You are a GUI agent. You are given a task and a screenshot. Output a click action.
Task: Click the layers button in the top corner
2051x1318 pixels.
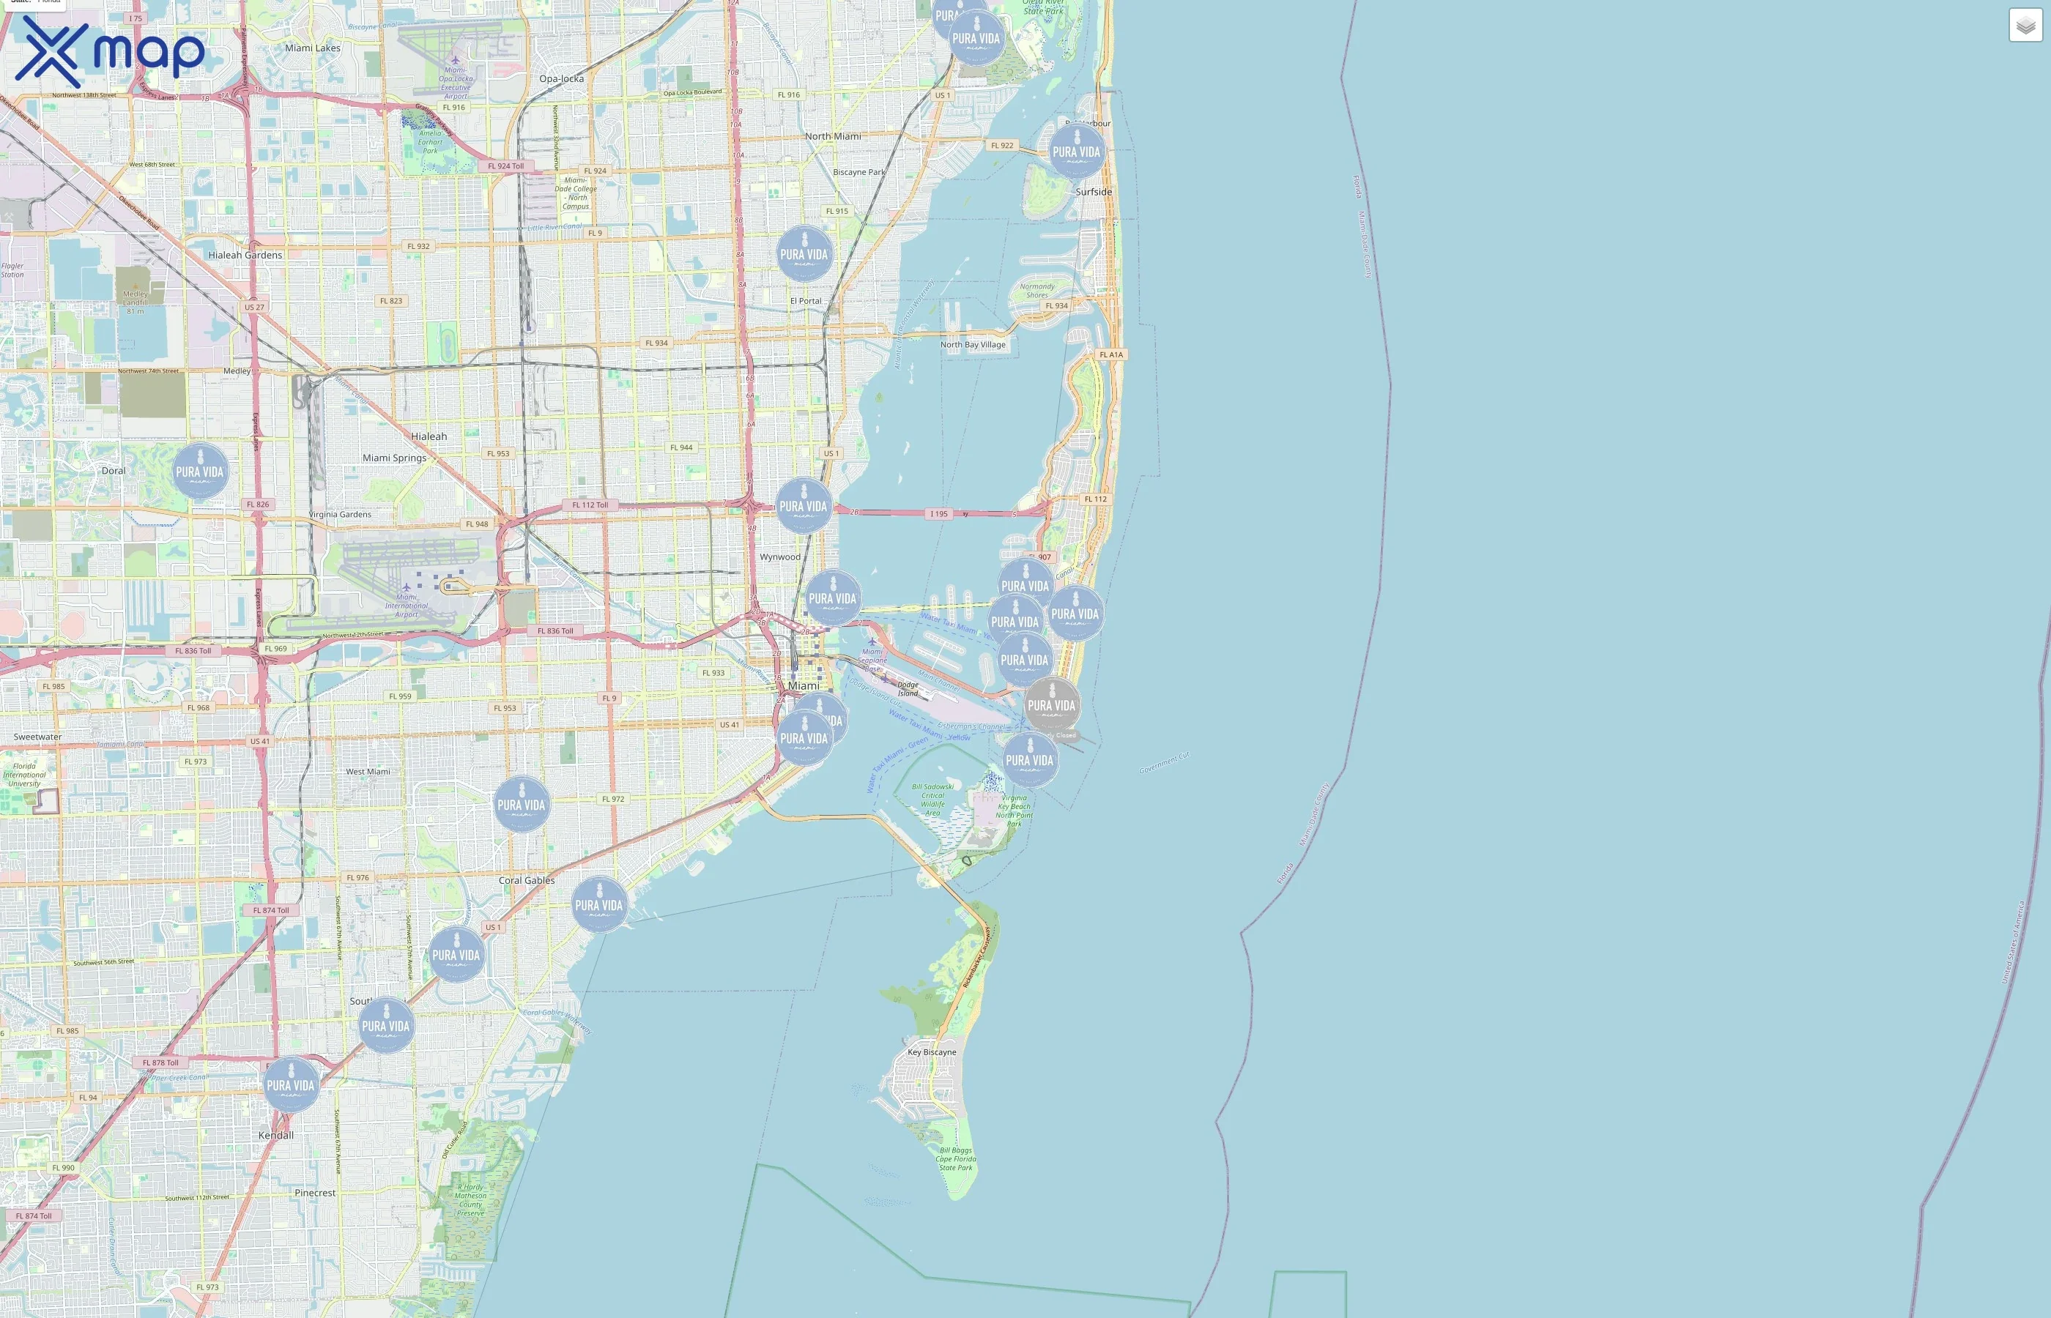2025,26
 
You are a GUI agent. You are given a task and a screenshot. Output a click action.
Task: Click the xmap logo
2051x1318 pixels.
110,51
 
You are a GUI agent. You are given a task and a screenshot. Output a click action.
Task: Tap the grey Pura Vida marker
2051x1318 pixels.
1052,705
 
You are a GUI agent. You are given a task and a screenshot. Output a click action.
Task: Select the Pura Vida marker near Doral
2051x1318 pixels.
200,471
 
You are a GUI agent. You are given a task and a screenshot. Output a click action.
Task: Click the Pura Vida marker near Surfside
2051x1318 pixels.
1077,152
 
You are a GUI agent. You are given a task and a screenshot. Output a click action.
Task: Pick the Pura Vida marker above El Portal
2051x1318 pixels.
804,254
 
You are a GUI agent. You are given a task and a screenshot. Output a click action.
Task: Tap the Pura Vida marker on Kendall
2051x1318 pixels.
291,1085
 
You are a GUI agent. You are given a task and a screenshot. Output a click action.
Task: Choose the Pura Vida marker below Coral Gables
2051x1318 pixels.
599,904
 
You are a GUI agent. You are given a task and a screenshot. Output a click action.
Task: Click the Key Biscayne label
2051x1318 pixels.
932,1051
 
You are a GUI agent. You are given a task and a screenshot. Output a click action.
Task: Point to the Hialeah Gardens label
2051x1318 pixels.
245,255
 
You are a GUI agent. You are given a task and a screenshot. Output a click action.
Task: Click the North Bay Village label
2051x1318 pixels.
973,345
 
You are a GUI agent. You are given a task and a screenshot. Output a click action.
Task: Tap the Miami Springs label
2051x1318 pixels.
395,458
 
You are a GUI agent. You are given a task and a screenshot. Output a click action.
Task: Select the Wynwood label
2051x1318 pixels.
780,557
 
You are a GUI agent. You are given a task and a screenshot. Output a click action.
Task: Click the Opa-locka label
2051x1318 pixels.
562,79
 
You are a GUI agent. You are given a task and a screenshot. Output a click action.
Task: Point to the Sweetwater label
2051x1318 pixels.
37,737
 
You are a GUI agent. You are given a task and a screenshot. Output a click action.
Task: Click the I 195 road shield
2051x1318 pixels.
939,513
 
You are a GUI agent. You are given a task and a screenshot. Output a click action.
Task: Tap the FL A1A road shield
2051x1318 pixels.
1111,354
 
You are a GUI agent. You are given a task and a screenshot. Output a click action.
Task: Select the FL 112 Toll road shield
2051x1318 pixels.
590,505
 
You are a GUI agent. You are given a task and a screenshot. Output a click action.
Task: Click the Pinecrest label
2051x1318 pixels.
315,1193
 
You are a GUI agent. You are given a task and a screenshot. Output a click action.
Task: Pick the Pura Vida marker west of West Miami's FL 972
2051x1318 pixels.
522,805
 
